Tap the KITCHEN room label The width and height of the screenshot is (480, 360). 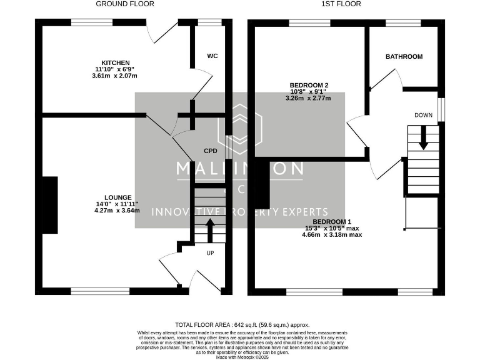tap(116, 62)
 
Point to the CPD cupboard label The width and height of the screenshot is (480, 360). tap(210, 151)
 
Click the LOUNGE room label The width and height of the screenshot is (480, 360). tap(117, 197)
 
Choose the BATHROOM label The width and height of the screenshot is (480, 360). tap(403, 56)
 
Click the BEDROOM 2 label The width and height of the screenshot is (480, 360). tap(309, 85)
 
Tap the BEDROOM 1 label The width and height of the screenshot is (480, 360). tap(332, 222)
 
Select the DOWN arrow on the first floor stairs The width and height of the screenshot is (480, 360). tap(423, 137)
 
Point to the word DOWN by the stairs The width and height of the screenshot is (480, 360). tap(423, 115)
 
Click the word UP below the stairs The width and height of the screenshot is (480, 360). tap(210, 253)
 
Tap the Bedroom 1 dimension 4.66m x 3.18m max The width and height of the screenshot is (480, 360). tap(332, 235)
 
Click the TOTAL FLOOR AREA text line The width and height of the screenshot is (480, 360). tap(242, 325)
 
